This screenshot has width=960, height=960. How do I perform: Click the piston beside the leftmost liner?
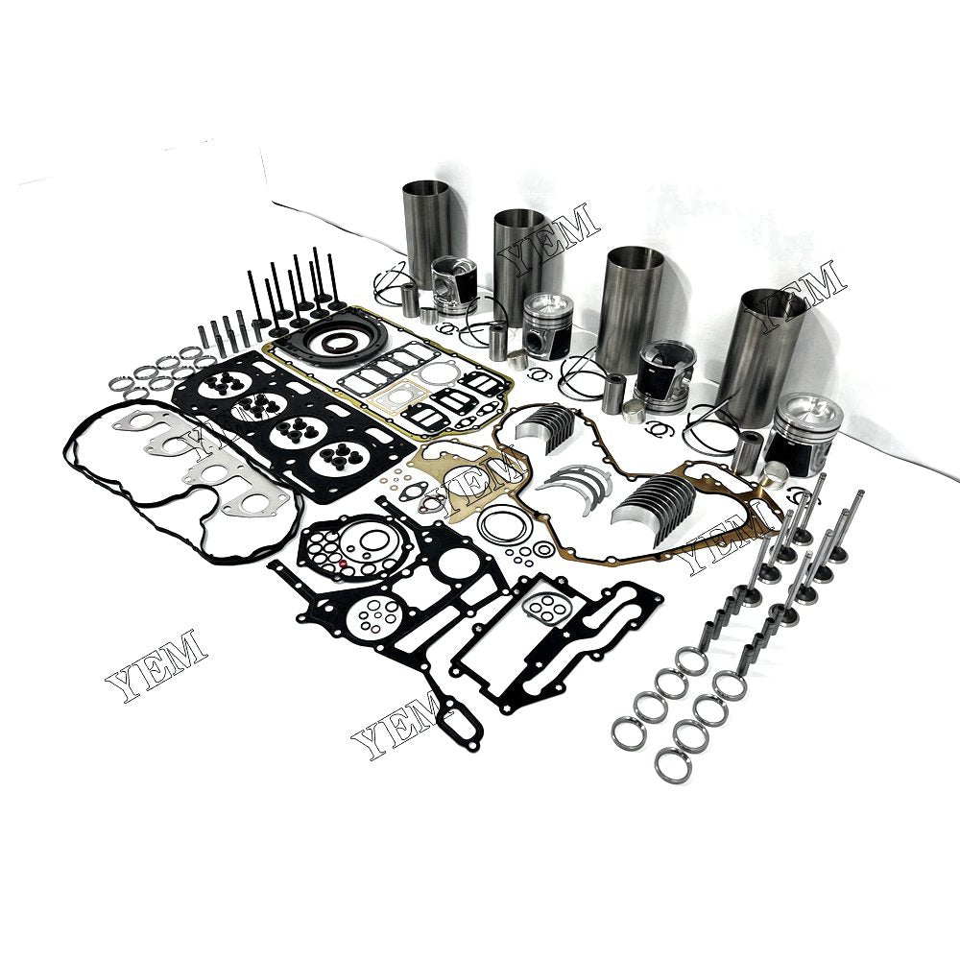(453, 285)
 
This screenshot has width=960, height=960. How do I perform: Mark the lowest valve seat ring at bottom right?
(675, 765)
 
